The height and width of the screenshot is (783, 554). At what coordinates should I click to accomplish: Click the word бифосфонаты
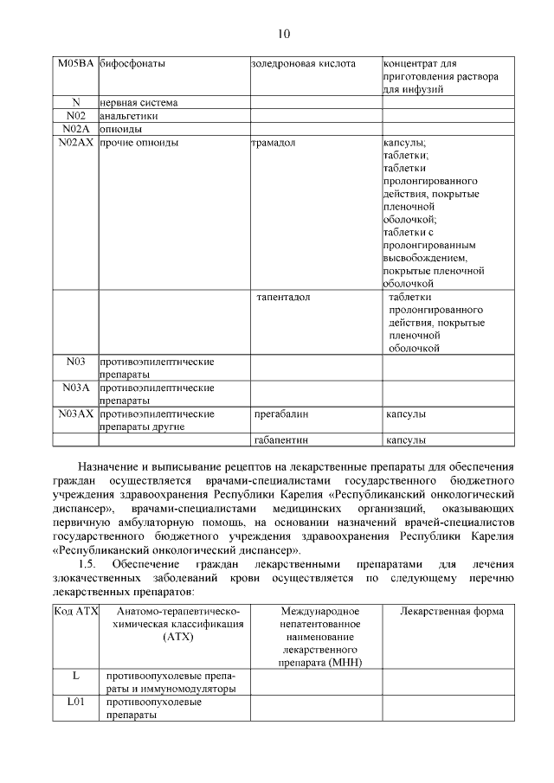click(x=133, y=63)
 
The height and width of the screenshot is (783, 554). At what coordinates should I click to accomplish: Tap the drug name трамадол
click(x=274, y=142)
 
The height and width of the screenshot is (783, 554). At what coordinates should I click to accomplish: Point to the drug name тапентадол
click(x=283, y=298)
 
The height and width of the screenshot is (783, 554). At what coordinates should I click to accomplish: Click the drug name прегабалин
click(x=282, y=414)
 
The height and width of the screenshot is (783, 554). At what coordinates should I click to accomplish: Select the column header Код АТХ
click(x=76, y=611)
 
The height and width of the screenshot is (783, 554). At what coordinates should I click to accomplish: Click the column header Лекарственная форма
click(x=451, y=611)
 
